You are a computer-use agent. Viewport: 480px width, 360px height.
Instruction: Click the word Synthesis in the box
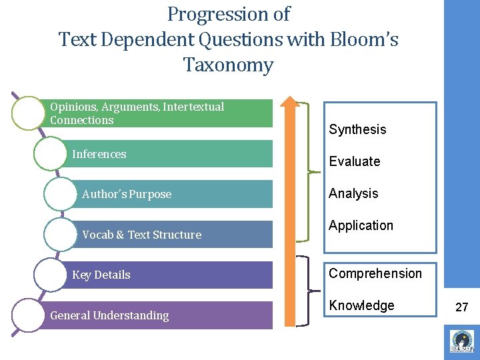[x=357, y=129]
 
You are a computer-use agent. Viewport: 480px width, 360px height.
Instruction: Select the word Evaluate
[x=354, y=161]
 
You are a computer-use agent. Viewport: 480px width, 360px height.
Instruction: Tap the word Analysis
[x=353, y=193]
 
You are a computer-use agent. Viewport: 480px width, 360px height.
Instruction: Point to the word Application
[x=361, y=225]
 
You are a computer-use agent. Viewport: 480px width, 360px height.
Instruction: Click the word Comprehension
[x=375, y=273]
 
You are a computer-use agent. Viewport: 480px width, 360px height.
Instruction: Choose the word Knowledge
[x=361, y=305]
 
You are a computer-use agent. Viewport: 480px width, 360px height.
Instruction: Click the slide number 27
[x=461, y=307]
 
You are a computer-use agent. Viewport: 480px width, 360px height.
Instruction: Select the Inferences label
[x=99, y=154]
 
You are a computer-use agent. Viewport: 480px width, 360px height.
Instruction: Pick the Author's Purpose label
[x=127, y=194]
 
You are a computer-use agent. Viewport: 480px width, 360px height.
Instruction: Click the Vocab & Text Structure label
[x=141, y=235]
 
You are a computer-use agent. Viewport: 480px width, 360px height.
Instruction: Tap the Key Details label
[x=101, y=275]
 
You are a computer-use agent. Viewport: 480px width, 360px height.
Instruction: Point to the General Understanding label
[x=109, y=315]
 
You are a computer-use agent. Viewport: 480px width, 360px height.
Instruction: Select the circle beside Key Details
[x=50, y=275]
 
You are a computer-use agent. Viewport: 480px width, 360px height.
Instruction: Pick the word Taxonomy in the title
[x=228, y=65]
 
